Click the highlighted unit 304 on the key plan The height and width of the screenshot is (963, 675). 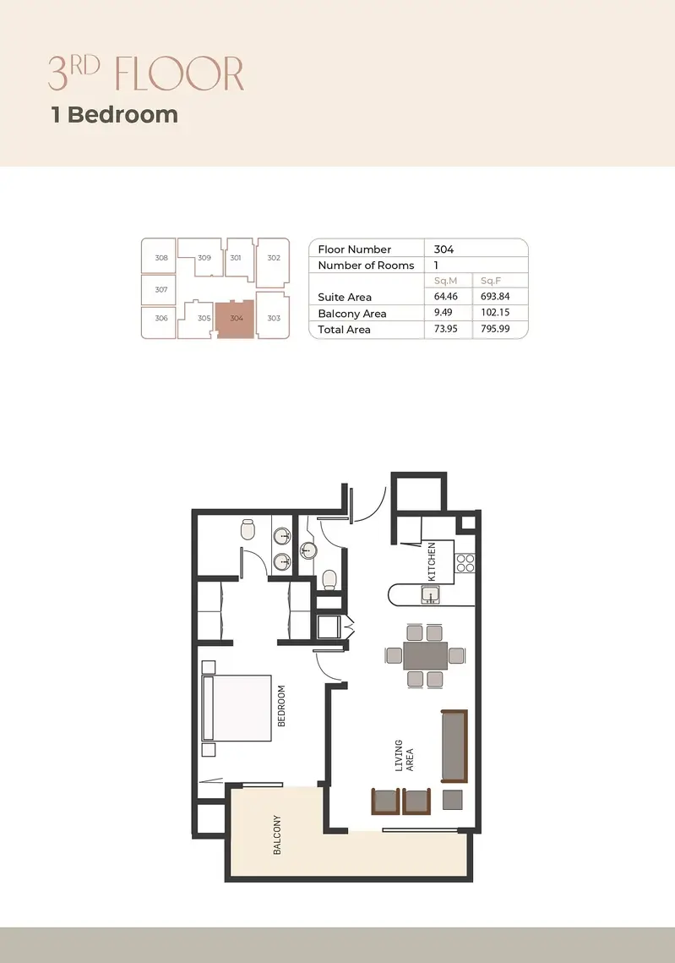click(x=235, y=319)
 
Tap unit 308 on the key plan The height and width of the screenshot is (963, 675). click(x=161, y=257)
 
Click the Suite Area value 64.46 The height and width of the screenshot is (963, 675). click(x=445, y=296)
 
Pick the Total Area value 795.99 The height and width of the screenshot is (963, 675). click(x=495, y=329)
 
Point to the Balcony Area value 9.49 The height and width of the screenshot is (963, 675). click(x=443, y=312)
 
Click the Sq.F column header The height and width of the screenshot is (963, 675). click(x=491, y=281)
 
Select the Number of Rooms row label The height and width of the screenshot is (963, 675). click(x=366, y=265)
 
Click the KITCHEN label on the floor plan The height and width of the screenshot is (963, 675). click(x=432, y=561)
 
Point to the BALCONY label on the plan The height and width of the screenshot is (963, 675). click(x=277, y=834)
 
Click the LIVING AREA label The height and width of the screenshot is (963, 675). click(x=404, y=755)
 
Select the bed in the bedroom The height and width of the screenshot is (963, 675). click(x=237, y=709)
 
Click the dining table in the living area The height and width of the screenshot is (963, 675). click(x=425, y=655)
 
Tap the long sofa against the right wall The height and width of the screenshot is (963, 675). click(x=455, y=747)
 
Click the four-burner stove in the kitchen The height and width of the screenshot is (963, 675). click(x=465, y=562)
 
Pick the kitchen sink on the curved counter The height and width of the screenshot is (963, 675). click(x=430, y=594)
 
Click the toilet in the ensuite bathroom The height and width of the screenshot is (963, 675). click(x=248, y=528)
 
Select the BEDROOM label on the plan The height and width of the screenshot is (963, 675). click(x=281, y=706)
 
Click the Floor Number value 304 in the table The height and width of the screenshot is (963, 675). click(x=444, y=249)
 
